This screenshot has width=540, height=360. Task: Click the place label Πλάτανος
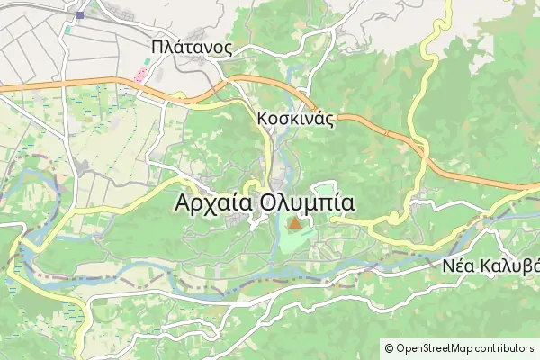193,47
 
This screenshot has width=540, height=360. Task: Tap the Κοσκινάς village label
295,118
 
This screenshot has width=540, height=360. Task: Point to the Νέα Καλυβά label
491,267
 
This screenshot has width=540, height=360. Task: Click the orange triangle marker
294,222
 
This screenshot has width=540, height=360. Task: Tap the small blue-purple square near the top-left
80,14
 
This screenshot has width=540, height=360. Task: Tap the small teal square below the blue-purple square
68,30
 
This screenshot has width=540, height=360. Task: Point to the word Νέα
458,267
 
